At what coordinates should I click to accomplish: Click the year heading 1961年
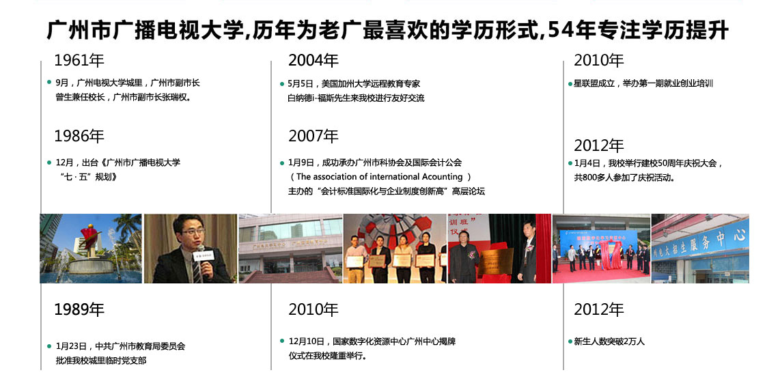tap(79, 61)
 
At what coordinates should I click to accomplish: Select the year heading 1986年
tap(79, 136)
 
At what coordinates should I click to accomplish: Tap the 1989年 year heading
tap(79, 310)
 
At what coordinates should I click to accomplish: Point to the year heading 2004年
tap(314, 61)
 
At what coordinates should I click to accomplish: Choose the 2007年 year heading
tap(314, 136)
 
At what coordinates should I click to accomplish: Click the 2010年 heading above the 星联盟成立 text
tap(599, 61)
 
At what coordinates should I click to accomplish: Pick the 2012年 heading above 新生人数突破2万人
tap(599, 310)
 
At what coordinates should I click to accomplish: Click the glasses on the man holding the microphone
tap(193, 231)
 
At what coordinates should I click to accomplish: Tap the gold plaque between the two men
tap(496, 262)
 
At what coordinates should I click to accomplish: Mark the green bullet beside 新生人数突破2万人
tap(570, 341)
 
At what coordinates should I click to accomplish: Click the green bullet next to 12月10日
tap(283, 341)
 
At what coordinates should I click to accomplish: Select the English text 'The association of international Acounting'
tap(380, 177)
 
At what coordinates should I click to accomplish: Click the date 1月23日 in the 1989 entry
tap(72, 346)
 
